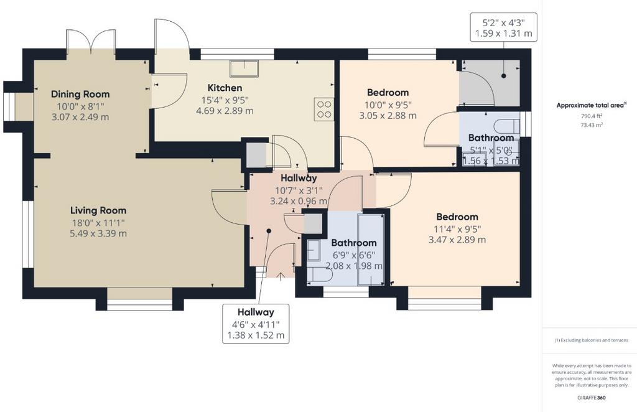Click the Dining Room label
pyautogui.click(x=80, y=94)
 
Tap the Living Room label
pyautogui.click(x=98, y=210)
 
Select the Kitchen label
pyautogui.click(x=225, y=88)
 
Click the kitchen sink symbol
pyautogui.click(x=244, y=68)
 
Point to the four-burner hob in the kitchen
pyautogui.click(x=324, y=110)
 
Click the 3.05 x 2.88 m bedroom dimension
pyautogui.click(x=388, y=115)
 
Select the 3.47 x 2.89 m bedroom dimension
pyautogui.click(x=457, y=240)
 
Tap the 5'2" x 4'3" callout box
pyautogui.click(x=504, y=27)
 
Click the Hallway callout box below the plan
pyautogui.click(x=256, y=324)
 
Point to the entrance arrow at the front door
pyautogui.click(x=281, y=276)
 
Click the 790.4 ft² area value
pyautogui.click(x=592, y=116)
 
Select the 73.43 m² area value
pyautogui.click(x=592, y=125)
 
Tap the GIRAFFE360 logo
pyautogui.click(x=592, y=398)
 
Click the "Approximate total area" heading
pyautogui.click(x=591, y=105)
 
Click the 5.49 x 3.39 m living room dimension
pyautogui.click(x=98, y=233)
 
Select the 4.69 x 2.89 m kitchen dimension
pyautogui.click(x=225, y=111)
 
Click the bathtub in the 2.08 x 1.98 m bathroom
pyautogui.click(x=371, y=250)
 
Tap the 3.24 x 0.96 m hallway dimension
pyautogui.click(x=299, y=201)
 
